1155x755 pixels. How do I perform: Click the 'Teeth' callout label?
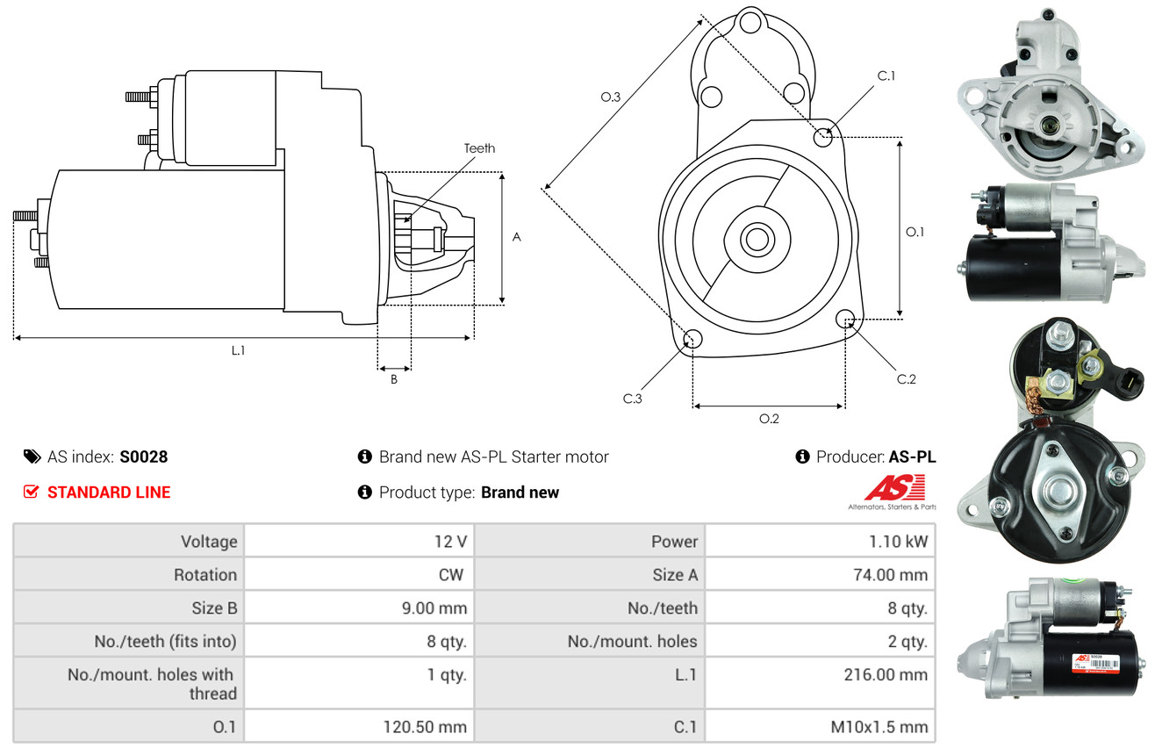(479, 148)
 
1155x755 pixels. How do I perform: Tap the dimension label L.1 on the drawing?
(238, 350)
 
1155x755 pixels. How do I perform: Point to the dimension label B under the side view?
(394, 379)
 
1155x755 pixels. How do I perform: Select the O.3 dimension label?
(611, 97)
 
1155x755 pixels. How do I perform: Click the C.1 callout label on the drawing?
(886, 75)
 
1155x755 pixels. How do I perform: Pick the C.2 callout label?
(906, 379)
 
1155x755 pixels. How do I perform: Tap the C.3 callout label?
(633, 399)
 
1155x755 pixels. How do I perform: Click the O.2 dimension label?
(769, 419)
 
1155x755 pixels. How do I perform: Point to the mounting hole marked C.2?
(845, 318)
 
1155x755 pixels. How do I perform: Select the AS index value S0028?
(143, 457)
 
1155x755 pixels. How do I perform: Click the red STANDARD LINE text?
(109, 493)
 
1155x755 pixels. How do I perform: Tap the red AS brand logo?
(894, 487)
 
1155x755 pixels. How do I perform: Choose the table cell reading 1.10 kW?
(898, 542)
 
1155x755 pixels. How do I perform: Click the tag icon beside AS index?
(32, 457)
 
